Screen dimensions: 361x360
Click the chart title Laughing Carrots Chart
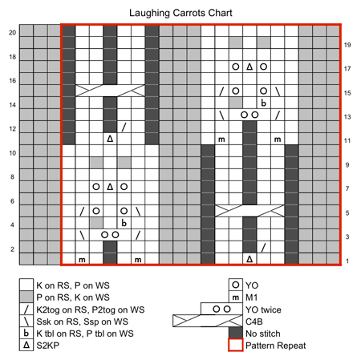click(x=180, y=13)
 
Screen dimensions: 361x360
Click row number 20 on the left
click(x=12, y=33)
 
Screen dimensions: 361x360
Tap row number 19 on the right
click(x=347, y=45)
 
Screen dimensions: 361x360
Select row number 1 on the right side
click(x=347, y=261)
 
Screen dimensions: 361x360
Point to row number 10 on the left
click(x=12, y=153)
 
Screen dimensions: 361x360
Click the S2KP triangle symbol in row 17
click(x=249, y=67)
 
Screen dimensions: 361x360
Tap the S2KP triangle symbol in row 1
click(x=249, y=259)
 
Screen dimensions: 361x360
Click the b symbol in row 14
click(x=263, y=103)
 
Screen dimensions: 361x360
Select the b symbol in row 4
click(x=124, y=223)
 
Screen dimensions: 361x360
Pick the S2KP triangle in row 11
click(x=110, y=139)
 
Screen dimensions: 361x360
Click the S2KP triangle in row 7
click(x=110, y=187)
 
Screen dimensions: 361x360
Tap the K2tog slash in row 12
click(x=124, y=127)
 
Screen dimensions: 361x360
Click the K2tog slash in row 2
click(x=263, y=247)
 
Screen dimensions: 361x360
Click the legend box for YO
click(x=236, y=285)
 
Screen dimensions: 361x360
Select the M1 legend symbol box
click(x=236, y=297)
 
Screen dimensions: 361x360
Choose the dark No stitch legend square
click(x=236, y=333)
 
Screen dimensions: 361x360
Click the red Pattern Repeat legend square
click(x=236, y=345)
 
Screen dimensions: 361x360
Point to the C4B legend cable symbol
click(x=208, y=321)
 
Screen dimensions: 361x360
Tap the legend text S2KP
click(x=48, y=346)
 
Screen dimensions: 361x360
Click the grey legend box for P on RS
click(x=26, y=297)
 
